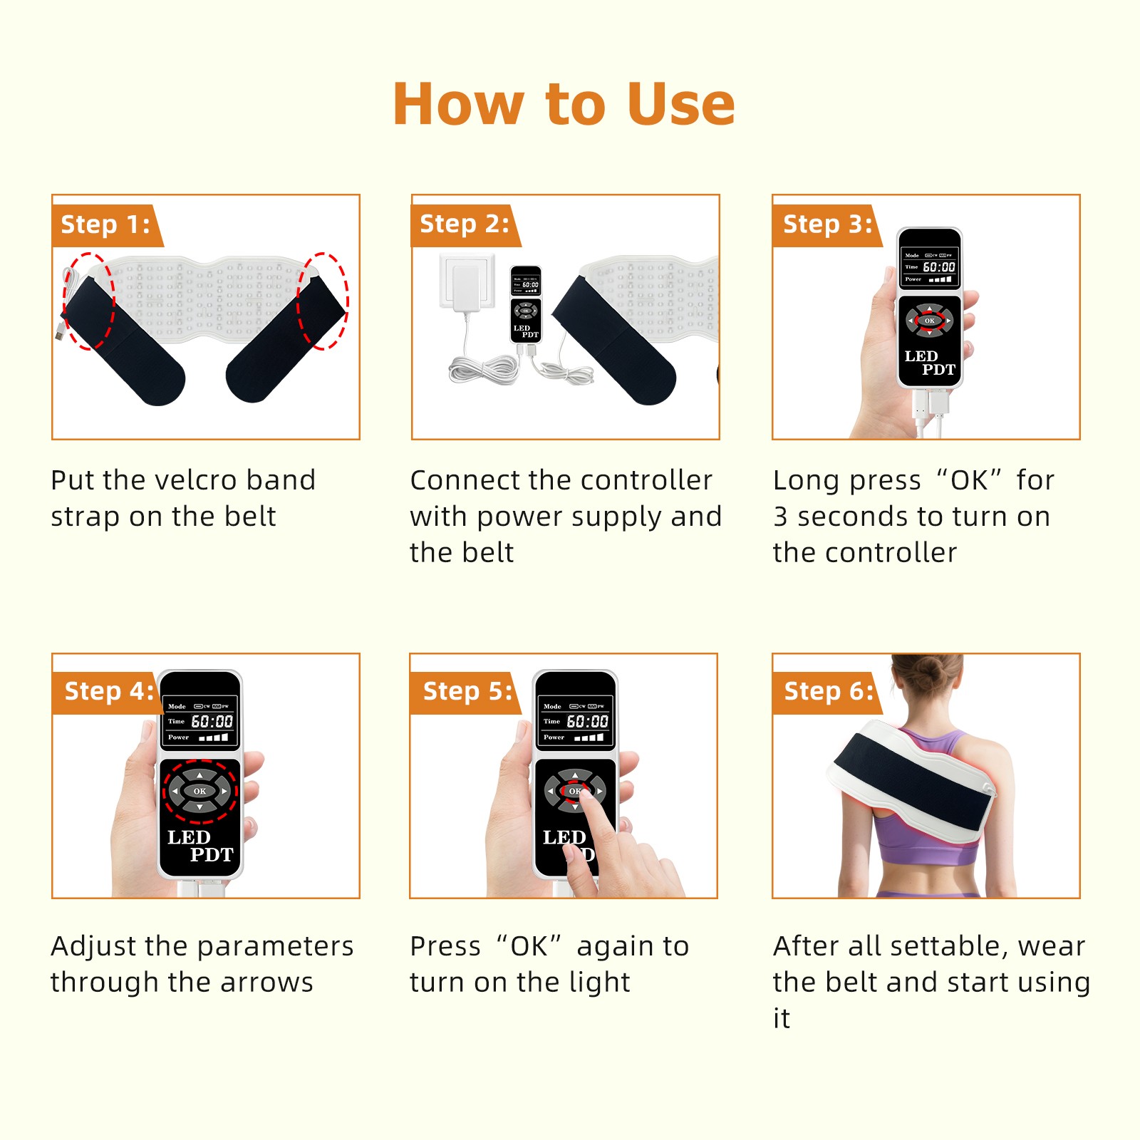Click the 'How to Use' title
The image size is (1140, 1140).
click(564, 104)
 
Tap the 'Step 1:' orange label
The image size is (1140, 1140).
click(106, 225)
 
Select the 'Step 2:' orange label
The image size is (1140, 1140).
click(465, 224)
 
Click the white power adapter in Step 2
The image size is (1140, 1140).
click(467, 282)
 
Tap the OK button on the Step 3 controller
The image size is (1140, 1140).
click(929, 321)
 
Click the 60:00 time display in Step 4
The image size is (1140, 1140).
click(212, 722)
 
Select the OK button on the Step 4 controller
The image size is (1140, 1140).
click(199, 791)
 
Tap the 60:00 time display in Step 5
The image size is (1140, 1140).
click(587, 722)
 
